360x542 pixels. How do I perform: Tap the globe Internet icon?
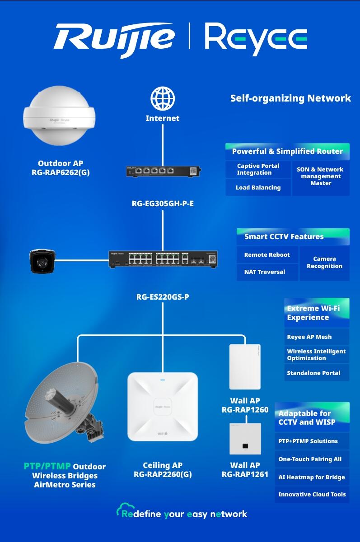(x=163, y=99)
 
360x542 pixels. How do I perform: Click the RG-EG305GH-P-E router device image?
(x=163, y=171)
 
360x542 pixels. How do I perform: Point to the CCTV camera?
(x=42, y=260)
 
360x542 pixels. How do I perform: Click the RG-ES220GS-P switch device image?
(x=163, y=259)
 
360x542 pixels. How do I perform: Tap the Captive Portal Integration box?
(x=258, y=169)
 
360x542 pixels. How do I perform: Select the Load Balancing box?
(x=258, y=187)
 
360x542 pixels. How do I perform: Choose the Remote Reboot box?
(x=267, y=255)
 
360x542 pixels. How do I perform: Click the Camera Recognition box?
(x=324, y=263)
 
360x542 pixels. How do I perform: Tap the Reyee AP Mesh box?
(x=316, y=337)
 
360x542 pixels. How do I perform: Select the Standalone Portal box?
(x=316, y=373)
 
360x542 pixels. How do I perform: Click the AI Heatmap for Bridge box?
(x=312, y=477)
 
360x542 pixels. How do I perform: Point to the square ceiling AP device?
(x=163, y=406)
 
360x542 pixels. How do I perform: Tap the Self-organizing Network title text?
(x=290, y=98)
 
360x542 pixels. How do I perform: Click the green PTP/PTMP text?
(x=47, y=466)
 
